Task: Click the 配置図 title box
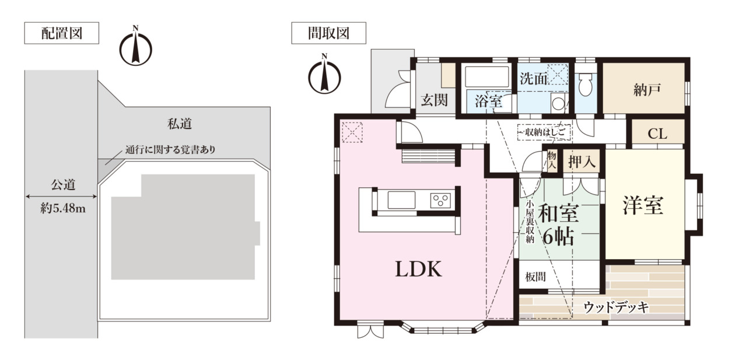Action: tap(62, 33)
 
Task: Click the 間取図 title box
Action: tap(329, 33)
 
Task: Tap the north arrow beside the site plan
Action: tap(135, 46)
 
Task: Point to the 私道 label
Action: tap(180, 124)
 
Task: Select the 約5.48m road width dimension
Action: tap(63, 208)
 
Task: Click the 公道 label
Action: tap(63, 184)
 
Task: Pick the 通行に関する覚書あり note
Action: tap(170, 149)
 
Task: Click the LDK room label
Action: tap(418, 269)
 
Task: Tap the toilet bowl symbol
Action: tap(585, 85)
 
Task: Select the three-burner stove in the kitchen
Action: tap(440, 200)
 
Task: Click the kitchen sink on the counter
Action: tap(401, 200)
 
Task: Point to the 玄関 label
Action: tap(434, 100)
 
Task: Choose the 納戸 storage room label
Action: tap(647, 90)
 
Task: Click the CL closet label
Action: tap(657, 134)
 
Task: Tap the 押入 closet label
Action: tap(582, 162)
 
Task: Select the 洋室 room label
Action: tap(643, 205)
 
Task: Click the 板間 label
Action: tap(535, 277)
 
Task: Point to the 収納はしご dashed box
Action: tap(544, 132)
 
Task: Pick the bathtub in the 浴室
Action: tap(487, 76)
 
